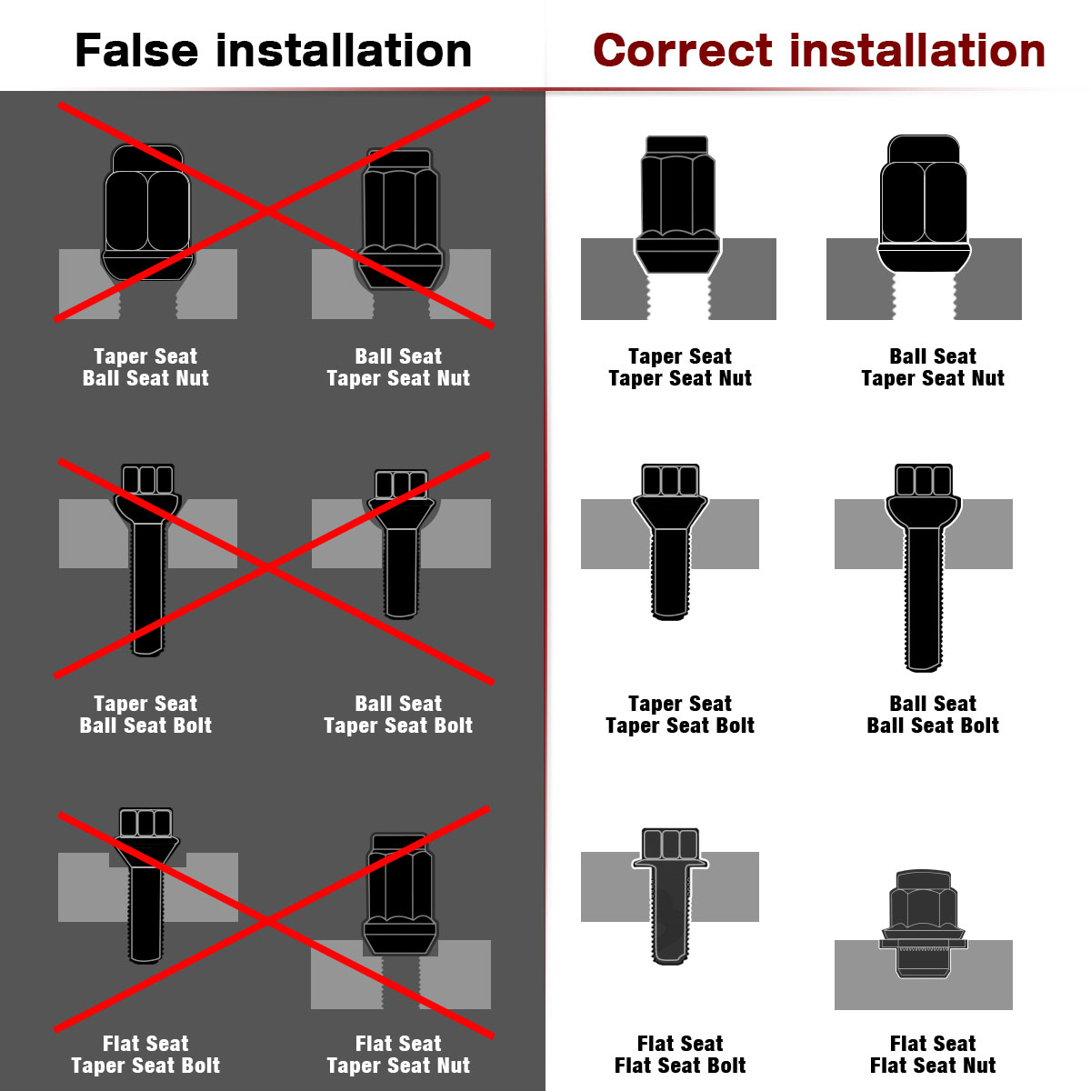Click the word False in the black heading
[136, 50]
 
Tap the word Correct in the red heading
[682, 50]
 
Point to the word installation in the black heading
[344, 50]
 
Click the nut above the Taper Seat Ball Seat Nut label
[147, 212]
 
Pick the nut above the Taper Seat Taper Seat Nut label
[677, 205]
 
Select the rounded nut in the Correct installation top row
[924, 203]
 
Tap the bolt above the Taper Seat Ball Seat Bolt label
[147, 560]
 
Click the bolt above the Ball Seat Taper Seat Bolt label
[401, 544]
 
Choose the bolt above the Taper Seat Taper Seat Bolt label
[670, 542]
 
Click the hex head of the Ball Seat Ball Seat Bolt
[924, 479]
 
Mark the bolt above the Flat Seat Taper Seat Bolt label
[145, 886]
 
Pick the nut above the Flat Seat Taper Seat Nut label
[400, 894]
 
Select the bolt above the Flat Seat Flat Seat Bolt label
[670, 896]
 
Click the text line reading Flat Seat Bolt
[680, 1065]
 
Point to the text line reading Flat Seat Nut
[933, 1065]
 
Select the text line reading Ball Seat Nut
[145, 377]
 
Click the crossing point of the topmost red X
[268, 211]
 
